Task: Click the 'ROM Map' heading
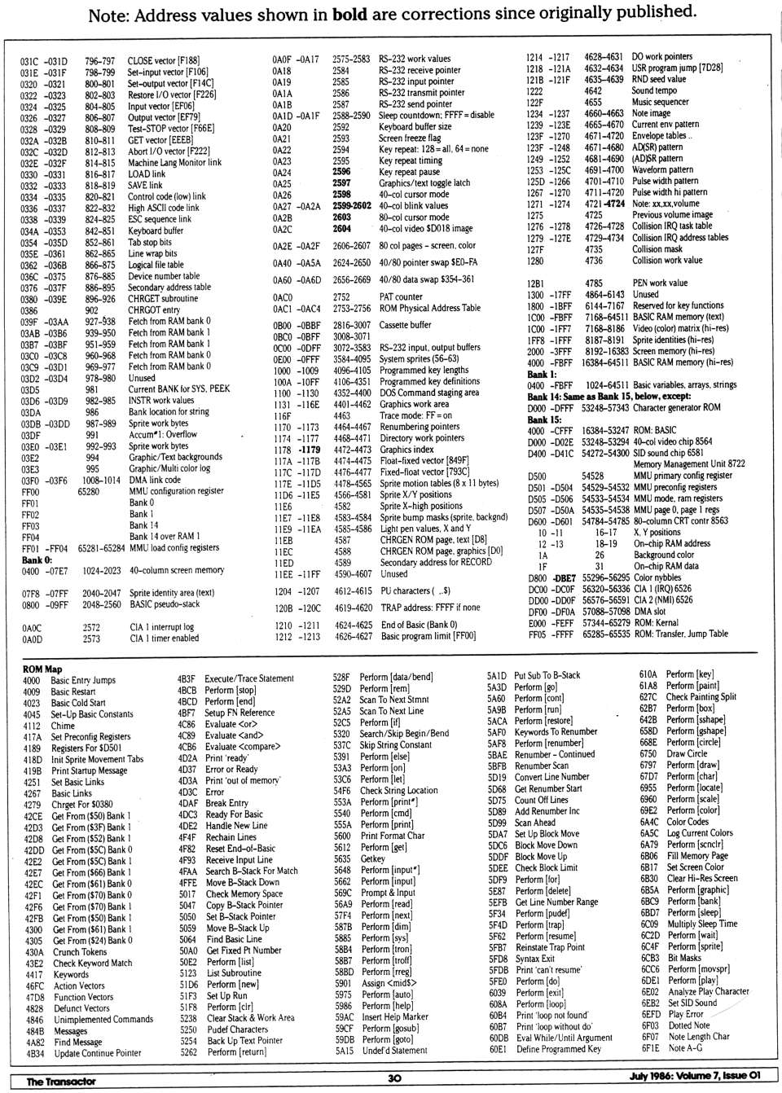[x=42, y=669]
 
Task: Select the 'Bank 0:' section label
[x=37, y=560]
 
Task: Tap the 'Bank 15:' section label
[x=546, y=419]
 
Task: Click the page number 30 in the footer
[x=394, y=1078]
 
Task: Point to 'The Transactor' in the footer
[x=61, y=1081]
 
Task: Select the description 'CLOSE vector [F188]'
[x=164, y=60]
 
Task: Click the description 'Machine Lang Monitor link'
[x=174, y=162]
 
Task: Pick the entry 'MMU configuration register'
[x=177, y=491]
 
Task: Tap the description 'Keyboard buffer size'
[x=415, y=127]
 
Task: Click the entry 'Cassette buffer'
[x=406, y=325]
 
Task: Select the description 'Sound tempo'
[x=654, y=90]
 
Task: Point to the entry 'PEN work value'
[x=661, y=283]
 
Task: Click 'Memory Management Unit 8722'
[x=688, y=463]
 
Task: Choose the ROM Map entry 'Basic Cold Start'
[x=78, y=702]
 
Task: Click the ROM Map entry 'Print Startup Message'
[x=90, y=770]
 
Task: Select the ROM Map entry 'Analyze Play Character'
[x=708, y=991]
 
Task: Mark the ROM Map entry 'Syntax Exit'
[x=534, y=958]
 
